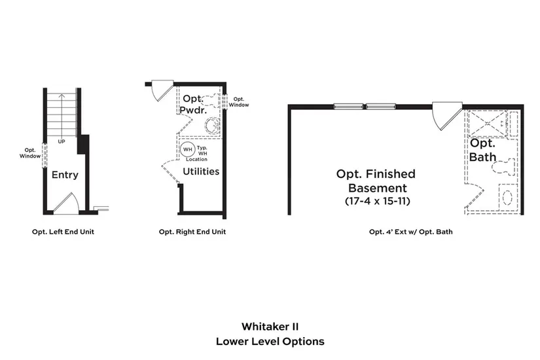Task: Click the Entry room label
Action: click(65, 175)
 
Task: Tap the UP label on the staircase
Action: click(62, 141)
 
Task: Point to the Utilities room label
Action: click(201, 171)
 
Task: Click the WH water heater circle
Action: click(187, 149)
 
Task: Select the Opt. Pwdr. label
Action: click(195, 105)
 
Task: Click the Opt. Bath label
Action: click(482, 150)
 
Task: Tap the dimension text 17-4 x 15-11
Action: click(377, 201)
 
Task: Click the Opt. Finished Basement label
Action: click(376, 180)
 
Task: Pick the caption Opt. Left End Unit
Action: click(63, 232)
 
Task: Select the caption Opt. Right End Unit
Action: click(192, 232)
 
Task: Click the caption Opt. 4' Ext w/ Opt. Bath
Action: click(410, 232)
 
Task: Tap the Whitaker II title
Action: click(270, 326)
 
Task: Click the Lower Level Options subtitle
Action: click(270, 341)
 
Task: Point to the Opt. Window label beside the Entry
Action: click(30, 153)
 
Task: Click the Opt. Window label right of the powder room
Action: click(239, 101)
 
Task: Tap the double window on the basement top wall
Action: click(364, 106)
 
